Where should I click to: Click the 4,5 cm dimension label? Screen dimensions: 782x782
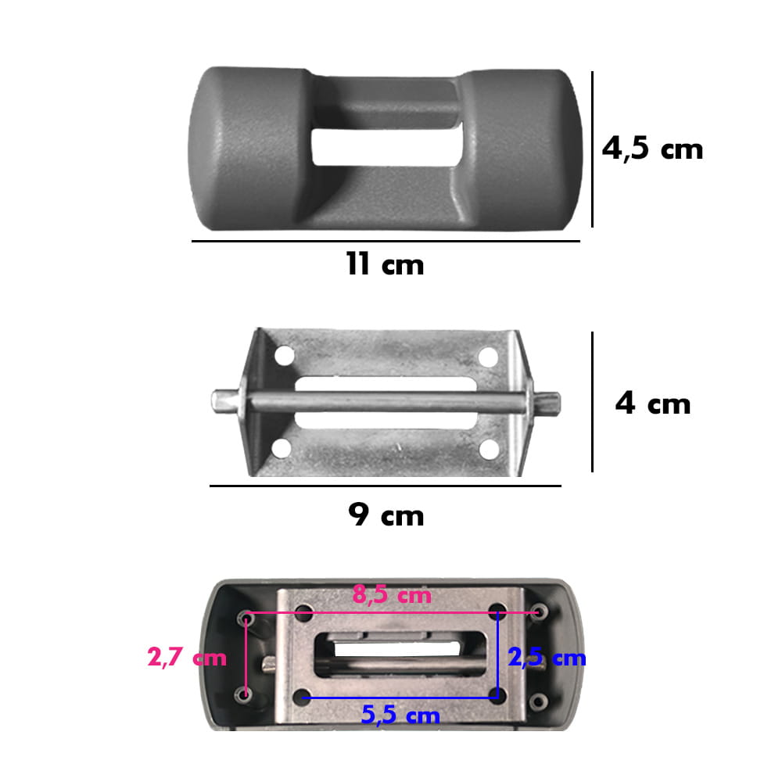pos(652,149)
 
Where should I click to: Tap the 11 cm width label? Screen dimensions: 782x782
pos(385,264)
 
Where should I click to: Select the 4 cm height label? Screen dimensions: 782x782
pos(653,404)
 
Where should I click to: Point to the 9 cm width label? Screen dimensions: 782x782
pos(386,515)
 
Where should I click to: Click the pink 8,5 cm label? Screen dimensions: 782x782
pos(392,595)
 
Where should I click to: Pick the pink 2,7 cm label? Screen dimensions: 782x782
pos(187,658)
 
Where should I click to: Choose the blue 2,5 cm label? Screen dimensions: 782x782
pos(547,658)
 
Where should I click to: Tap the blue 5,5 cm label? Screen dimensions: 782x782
pos(400,716)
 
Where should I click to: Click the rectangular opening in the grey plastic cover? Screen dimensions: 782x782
pos(386,147)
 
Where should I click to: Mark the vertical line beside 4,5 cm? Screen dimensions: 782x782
pos(592,149)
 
